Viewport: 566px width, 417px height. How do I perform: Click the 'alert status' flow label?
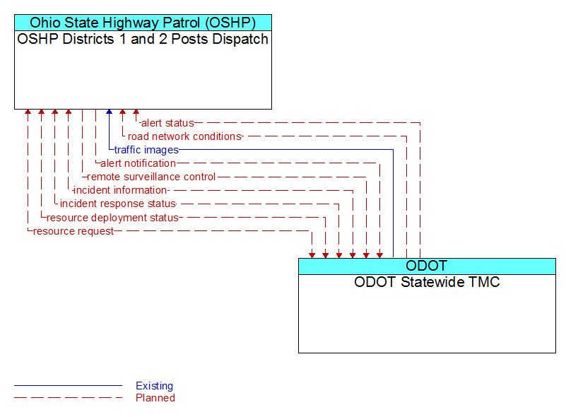[167, 123]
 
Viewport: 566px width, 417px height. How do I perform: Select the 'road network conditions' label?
[184, 136]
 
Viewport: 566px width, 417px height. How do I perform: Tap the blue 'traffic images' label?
[146, 150]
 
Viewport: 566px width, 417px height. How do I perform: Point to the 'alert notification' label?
[138, 163]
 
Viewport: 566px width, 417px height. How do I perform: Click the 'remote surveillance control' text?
[151, 177]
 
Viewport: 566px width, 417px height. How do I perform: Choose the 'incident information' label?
[120, 190]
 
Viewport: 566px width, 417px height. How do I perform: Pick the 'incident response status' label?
[118, 204]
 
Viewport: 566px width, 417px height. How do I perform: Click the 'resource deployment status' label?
[112, 218]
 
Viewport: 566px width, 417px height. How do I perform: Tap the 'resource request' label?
[73, 231]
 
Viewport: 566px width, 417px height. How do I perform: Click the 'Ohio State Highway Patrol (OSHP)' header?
[143, 23]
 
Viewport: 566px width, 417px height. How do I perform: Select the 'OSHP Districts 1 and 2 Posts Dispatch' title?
[143, 39]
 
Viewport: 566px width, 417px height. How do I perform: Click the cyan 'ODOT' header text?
[427, 266]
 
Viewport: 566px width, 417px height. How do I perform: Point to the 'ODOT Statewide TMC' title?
[427, 282]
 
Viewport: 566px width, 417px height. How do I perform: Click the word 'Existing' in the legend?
[155, 386]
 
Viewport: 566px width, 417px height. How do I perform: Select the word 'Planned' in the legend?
[155, 398]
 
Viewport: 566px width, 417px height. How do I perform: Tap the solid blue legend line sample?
[69, 386]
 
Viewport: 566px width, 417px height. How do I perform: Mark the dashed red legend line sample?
[69, 398]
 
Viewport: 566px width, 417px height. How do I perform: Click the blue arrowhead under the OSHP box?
[109, 112]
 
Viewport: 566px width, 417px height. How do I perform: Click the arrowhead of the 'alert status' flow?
[136, 112]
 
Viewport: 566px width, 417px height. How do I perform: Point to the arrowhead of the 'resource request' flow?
[312, 255]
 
